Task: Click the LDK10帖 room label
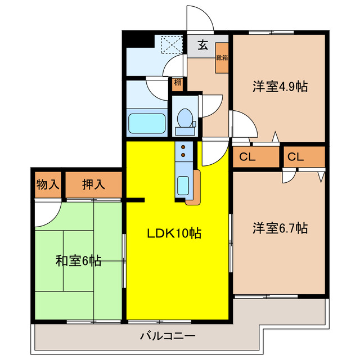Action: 174,232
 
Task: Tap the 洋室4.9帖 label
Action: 280,87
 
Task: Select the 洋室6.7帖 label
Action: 280,228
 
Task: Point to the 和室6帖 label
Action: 78,261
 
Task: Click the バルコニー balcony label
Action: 167,337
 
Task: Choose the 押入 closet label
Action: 94,183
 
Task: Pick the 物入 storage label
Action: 48,183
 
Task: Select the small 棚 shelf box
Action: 177,83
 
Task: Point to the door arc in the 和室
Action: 46,214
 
